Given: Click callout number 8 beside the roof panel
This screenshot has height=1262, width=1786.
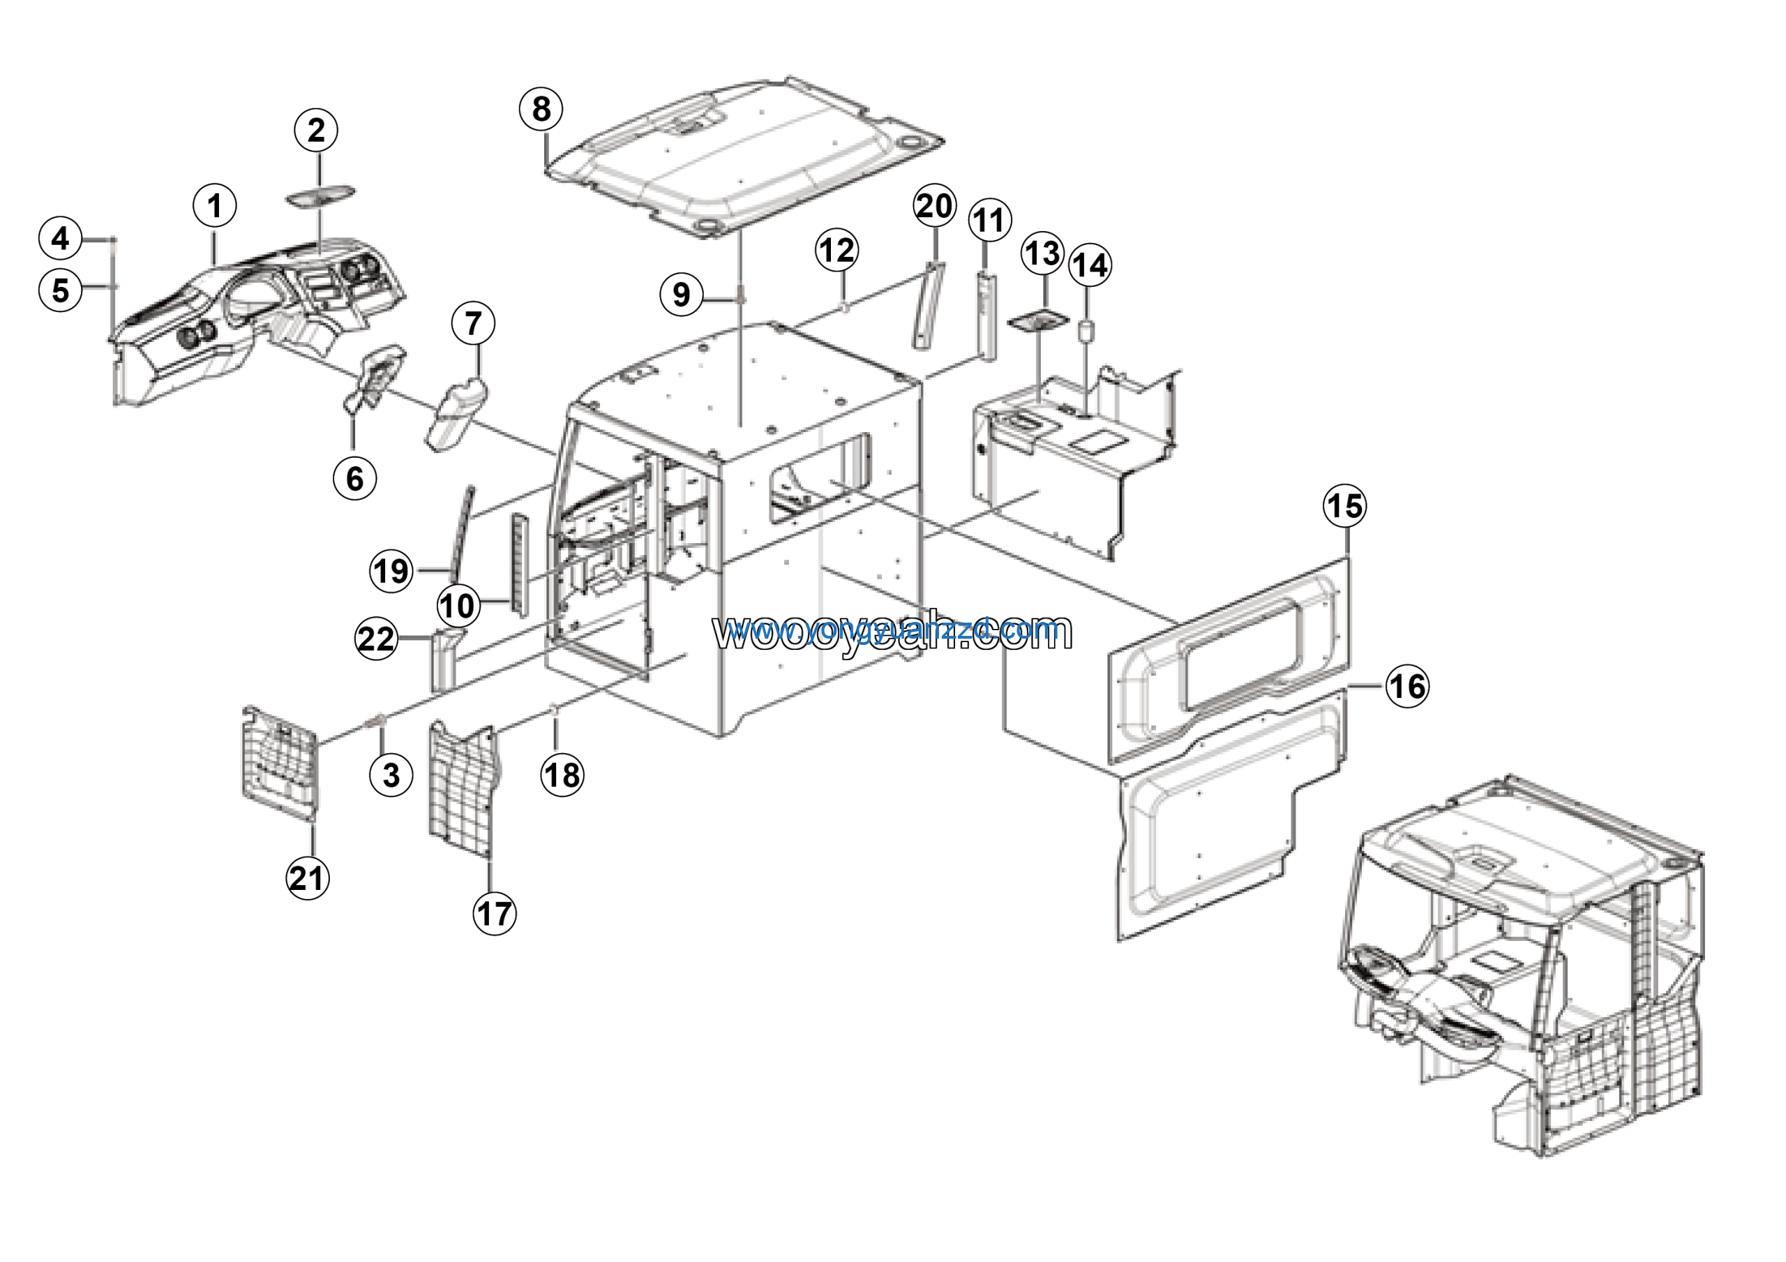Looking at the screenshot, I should tap(541, 109).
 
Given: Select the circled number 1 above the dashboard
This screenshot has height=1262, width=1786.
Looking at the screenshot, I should tap(215, 206).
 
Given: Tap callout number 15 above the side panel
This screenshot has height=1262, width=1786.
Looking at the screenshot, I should tap(1345, 507).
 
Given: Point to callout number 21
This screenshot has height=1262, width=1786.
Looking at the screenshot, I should tap(308, 877).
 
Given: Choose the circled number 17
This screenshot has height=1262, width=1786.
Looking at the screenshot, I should tap(495, 914).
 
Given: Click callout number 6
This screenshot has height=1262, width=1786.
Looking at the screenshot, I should tap(354, 479).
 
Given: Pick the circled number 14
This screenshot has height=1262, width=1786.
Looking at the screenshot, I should tap(1090, 265).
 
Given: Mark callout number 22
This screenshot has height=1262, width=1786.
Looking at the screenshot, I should tap(377, 639).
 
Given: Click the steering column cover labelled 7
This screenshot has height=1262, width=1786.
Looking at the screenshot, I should tap(458, 416).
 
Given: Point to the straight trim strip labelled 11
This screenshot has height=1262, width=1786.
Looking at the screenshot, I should tap(986, 315).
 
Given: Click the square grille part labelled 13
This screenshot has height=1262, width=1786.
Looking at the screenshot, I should tap(1037, 322).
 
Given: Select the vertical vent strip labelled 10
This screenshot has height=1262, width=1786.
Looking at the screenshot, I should tap(519, 563).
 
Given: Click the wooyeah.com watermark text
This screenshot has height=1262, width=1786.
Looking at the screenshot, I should tap(892, 632).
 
